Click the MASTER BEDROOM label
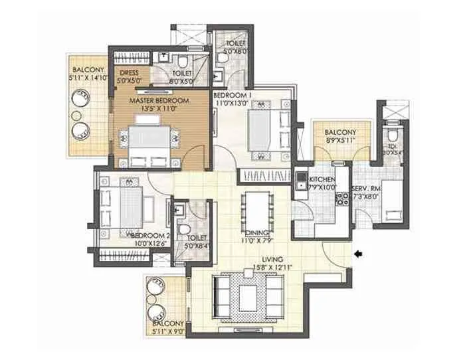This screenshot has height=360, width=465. coord(159,100)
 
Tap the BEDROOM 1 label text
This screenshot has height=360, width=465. coord(231,96)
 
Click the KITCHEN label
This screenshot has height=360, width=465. coord(320,179)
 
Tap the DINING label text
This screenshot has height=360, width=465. coord(255,233)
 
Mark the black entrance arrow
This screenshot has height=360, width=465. coord(359,253)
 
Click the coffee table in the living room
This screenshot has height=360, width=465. coord(249,293)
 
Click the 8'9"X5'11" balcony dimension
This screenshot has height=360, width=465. coord(335,141)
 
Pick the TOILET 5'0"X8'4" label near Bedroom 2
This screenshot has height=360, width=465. coord(197,241)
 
